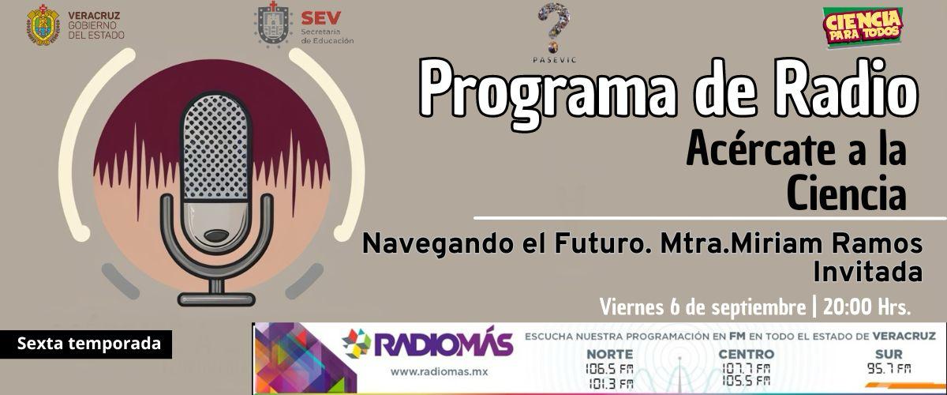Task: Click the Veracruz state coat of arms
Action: (43, 25)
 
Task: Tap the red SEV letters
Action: (321, 18)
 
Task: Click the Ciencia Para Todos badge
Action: (863, 27)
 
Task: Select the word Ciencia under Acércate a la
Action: (846, 193)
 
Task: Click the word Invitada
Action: (868, 272)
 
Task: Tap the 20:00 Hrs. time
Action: (867, 307)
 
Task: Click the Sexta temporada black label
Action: (86, 344)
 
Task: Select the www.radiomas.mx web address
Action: (439, 372)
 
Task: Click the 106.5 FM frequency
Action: (609, 369)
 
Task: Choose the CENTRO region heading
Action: (747, 354)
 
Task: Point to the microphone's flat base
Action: (216, 299)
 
